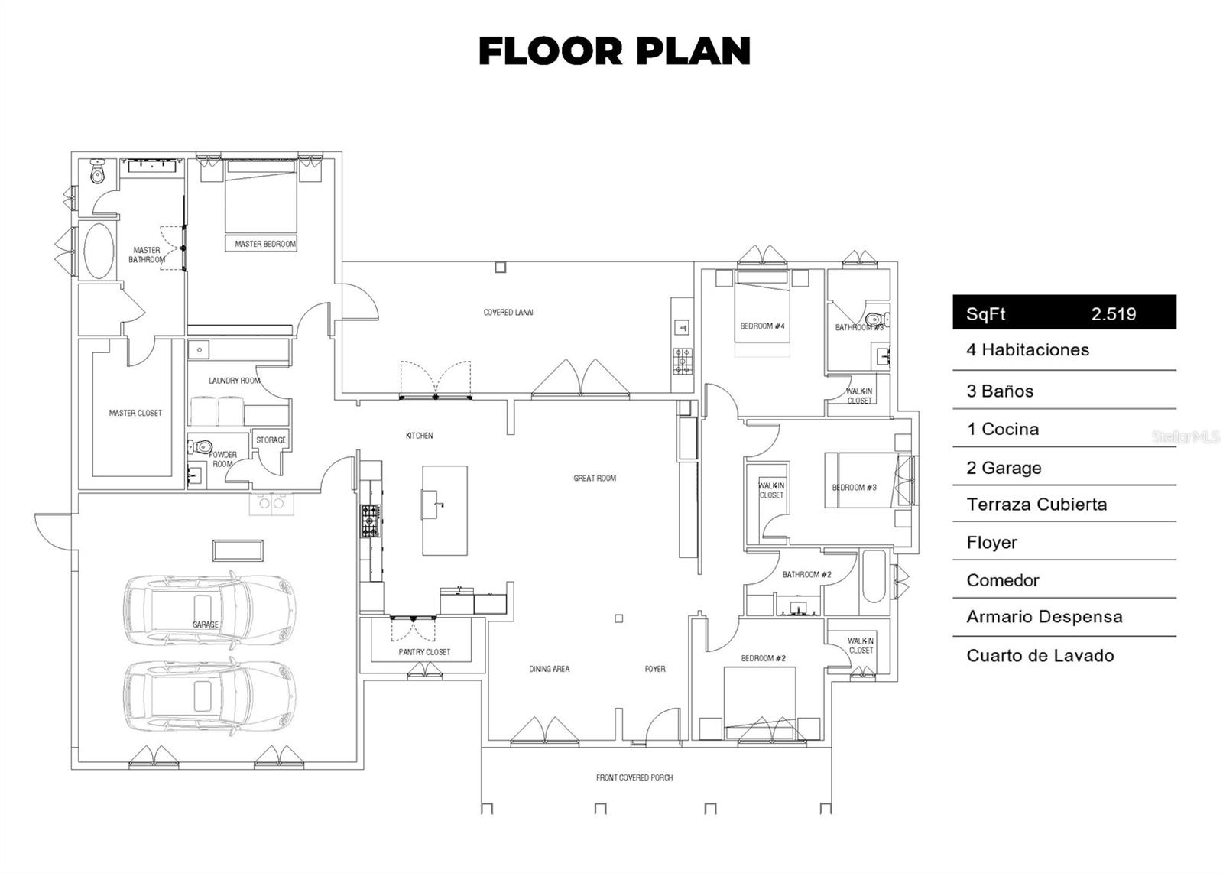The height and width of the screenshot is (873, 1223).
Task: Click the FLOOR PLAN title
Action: (615, 50)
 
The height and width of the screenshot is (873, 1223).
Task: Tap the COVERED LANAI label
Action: (508, 313)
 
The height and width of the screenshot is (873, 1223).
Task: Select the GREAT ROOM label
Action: (595, 479)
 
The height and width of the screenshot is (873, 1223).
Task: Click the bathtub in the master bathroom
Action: (99, 251)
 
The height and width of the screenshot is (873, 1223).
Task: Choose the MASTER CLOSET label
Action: (135, 413)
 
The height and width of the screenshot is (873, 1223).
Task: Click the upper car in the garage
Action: (209, 609)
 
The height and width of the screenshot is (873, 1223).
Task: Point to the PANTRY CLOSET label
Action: (424, 652)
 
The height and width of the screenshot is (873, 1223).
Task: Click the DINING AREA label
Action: (550, 669)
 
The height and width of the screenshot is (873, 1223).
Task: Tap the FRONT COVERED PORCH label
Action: (634, 777)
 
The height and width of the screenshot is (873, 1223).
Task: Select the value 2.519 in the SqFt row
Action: (1113, 314)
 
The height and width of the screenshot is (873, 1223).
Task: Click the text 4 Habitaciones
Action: (1027, 350)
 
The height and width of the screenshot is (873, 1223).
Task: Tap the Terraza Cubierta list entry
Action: (1036, 505)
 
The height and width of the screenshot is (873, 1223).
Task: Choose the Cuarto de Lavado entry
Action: (1040, 656)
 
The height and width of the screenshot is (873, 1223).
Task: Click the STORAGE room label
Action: (271, 440)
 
